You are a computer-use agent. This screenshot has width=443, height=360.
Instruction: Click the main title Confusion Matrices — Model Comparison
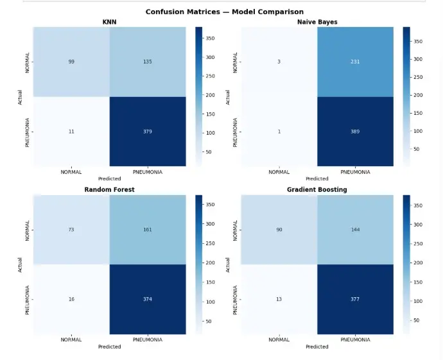pyautogui.click(x=225, y=12)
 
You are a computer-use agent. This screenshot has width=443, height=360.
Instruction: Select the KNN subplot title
pyautogui.click(x=109, y=22)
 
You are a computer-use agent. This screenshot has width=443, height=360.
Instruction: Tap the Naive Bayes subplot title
pyautogui.click(x=317, y=22)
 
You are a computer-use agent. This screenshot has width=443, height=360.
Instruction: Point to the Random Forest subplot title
pyautogui.click(x=109, y=190)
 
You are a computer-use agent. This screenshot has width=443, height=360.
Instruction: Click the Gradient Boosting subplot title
pyautogui.click(x=317, y=190)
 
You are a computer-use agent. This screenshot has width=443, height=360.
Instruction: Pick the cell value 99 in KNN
pyautogui.click(x=71, y=62)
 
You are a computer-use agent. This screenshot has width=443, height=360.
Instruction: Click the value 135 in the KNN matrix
pyautogui.click(x=148, y=62)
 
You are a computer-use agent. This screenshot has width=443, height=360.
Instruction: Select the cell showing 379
pyautogui.click(x=148, y=132)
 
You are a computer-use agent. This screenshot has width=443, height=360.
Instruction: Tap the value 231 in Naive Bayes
pyautogui.click(x=355, y=62)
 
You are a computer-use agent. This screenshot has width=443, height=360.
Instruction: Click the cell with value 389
pyautogui.click(x=355, y=132)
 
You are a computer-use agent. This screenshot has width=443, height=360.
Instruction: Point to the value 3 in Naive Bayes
pyautogui.click(x=279, y=62)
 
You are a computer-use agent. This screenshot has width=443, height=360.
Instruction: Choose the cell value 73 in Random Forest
pyautogui.click(x=71, y=230)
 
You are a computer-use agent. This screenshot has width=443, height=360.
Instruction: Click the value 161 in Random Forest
pyautogui.click(x=148, y=230)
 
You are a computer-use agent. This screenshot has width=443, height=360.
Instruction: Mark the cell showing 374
pyautogui.click(x=148, y=299)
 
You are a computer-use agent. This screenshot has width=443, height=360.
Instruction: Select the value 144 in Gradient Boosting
pyautogui.click(x=356, y=230)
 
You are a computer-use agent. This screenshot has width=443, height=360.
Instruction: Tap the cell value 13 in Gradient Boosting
pyautogui.click(x=279, y=299)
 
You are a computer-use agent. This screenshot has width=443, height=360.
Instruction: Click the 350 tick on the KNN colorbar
pyautogui.click(x=210, y=38)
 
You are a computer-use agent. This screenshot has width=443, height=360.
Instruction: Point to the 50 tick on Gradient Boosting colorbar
pyautogui.click(x=416, y=320)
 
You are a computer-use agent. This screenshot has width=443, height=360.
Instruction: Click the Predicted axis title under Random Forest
pyautogui.click(x=109, y=347)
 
